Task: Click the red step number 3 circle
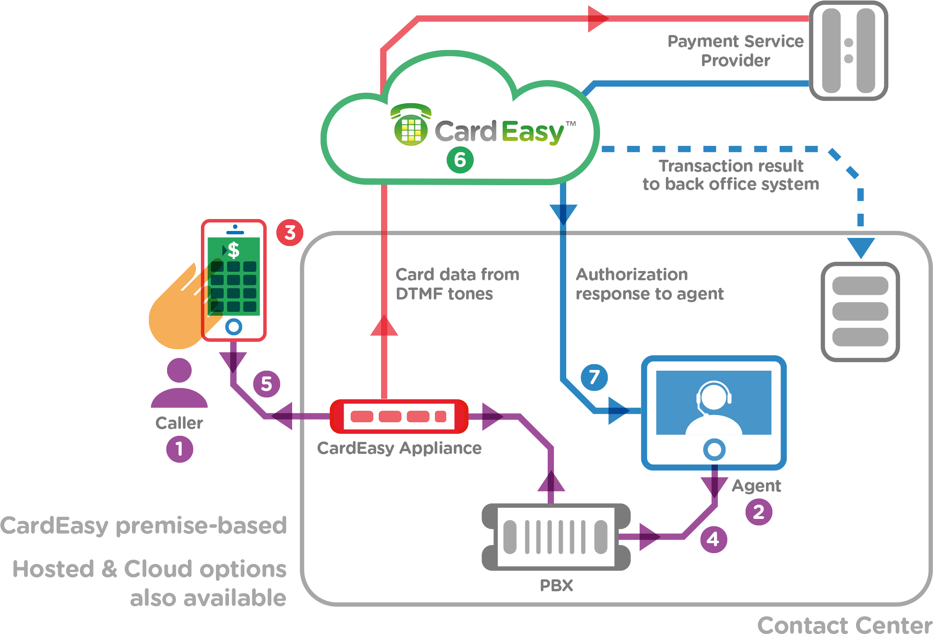coord(290,233)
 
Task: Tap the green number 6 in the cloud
coord(460,160)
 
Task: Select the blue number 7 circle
coord(594,377)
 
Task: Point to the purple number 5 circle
coord(267,383)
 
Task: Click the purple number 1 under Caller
coord(179,449)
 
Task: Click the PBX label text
coord(557,585)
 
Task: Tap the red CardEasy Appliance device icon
coord(399,417)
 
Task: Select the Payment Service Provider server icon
coord(848,50)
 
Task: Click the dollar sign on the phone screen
coord(234,251)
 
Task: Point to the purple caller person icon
coord(179,383)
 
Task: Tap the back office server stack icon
coord(860,311)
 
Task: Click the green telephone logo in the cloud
coord(411,125)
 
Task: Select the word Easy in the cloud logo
coord(533,132)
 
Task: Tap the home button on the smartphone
coord(234,327)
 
